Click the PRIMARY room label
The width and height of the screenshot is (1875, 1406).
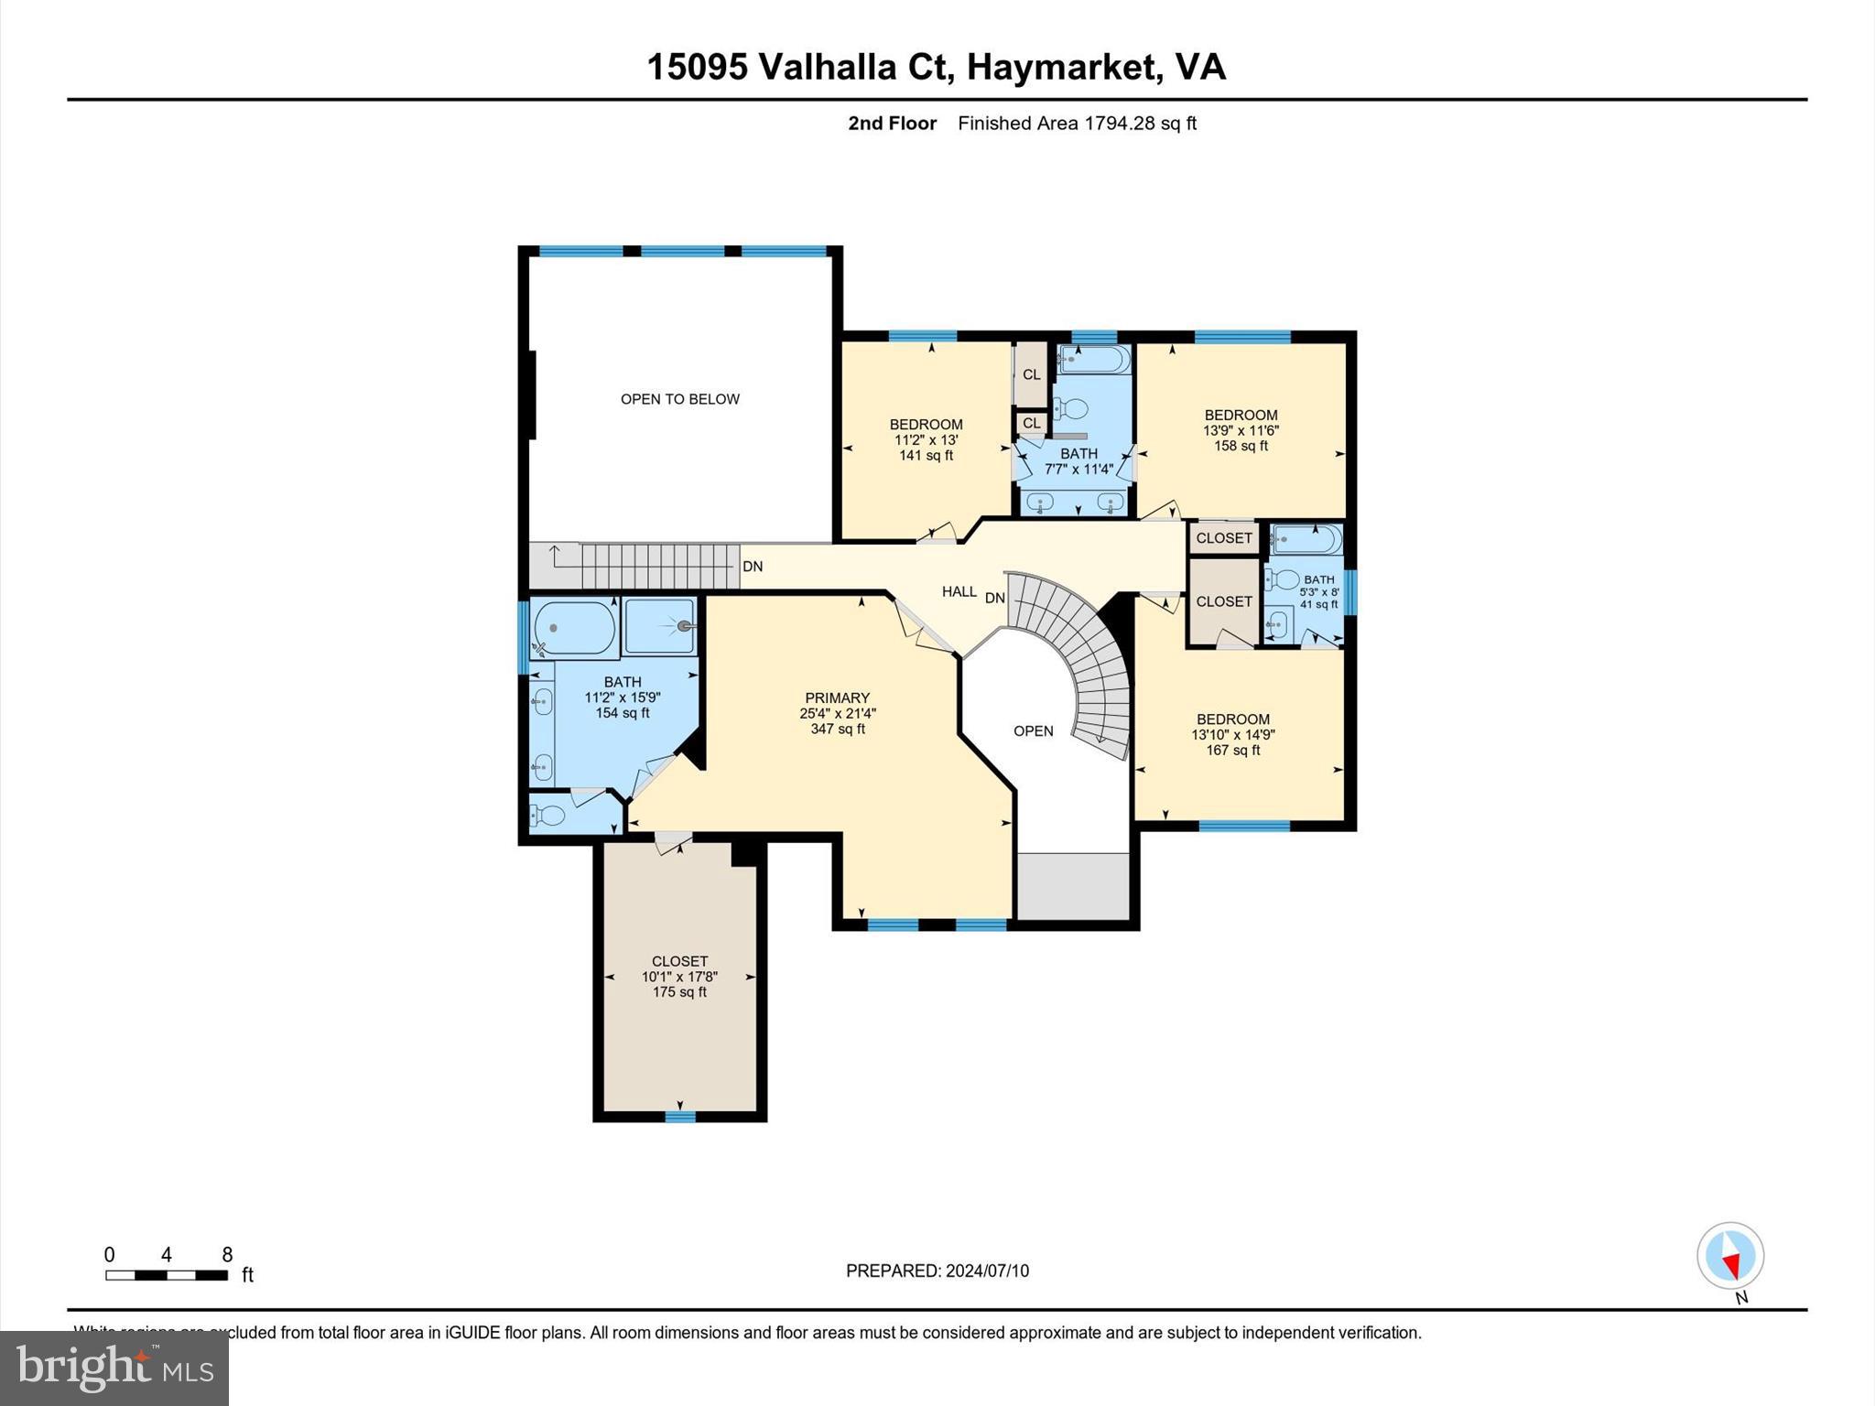coord(837,698)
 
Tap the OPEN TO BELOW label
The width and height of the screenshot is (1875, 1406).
coord(679,399)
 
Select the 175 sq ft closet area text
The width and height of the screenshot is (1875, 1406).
coord(679,992)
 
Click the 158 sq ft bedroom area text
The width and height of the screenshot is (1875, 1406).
coord(1241,446)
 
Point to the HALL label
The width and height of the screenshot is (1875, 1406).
coord(959,592)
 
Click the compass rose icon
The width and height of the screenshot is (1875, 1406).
coord(1729,1256)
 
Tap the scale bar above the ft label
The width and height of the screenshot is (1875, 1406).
coord(166,1275)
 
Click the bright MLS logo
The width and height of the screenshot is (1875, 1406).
coord(114,1368)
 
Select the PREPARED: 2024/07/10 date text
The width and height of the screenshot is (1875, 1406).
coord(937,1271)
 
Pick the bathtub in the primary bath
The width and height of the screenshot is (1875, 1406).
coord(574,628)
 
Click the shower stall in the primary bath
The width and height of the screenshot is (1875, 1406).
coord(659,626)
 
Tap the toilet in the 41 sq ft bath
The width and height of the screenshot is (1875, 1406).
coord(1284,579)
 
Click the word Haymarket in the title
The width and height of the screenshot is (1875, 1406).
coord(1058,67)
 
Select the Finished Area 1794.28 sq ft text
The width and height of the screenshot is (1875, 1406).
coord(1077,124)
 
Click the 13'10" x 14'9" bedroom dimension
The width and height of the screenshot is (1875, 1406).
coord(1232,734)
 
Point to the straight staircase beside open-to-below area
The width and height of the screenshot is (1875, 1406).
coord(659,566)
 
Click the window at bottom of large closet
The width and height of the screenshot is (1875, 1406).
coord(679,1116)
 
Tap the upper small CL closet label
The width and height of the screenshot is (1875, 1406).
coord(1031,374)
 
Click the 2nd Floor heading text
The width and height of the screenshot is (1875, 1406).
coord(892,124)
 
